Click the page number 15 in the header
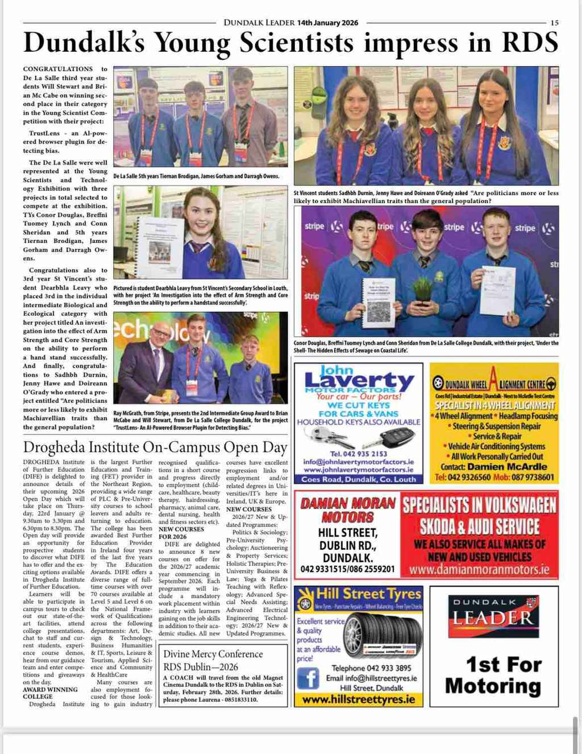coord(554,23)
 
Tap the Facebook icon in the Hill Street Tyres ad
coord(307,679)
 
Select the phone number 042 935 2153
coord(358,454)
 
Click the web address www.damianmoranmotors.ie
coord(479,569)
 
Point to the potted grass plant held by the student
coord(423,288)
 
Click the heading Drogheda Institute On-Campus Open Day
coord(155,447)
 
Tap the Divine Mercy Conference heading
coord(213,654)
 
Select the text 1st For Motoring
coord(493,675)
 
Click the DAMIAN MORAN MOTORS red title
coord(348,510)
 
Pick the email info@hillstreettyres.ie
coord(371,678)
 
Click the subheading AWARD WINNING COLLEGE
coord(50,693)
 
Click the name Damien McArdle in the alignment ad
coord(507,467)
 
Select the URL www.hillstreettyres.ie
coord(359,699)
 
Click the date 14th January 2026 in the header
coord(328,23)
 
